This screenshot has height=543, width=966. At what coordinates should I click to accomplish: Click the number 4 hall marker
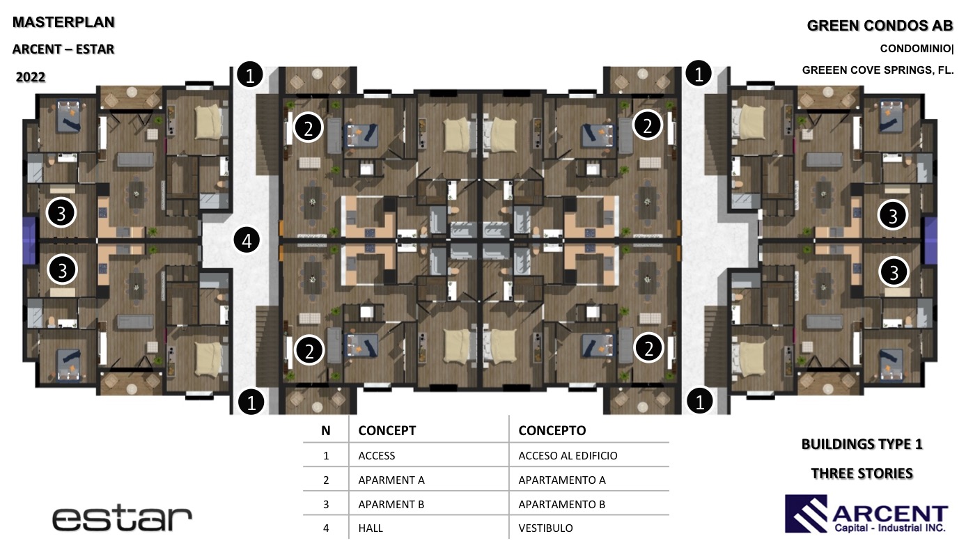pos(247,240)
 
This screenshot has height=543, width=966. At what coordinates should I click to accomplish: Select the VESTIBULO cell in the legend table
pos(545,528)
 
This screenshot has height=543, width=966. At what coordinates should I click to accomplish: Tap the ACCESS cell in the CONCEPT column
pos(377,455)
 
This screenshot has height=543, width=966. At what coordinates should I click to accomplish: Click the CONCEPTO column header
pos(552,430)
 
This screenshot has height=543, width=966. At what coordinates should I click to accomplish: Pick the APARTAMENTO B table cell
pos(561,504)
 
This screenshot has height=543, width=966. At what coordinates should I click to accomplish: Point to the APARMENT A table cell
pos(391,480)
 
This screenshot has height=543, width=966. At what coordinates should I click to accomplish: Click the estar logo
pos(122,519)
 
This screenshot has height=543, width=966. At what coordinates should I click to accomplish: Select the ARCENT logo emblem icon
pos(806,514)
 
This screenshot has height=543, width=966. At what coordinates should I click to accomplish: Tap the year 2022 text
pos(31,77)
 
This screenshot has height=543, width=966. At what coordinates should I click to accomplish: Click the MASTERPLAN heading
pos(63,22)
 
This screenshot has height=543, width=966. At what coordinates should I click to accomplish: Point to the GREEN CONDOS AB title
pos(880,26)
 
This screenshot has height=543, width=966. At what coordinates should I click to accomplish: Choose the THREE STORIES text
pos(862,473)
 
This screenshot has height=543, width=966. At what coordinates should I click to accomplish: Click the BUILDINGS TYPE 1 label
pos(862,444)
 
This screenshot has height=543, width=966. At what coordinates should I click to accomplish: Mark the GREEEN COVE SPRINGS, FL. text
pos(878,70)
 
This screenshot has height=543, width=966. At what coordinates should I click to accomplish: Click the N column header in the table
pos(325,430)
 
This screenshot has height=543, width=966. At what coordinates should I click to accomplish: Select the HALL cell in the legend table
pos(371,528)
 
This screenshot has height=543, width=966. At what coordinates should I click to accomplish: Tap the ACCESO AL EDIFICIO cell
pos(568,455)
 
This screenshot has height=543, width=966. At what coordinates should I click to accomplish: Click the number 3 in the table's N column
pos(326,504)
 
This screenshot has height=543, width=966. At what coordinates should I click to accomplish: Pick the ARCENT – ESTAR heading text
pos(63,49)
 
